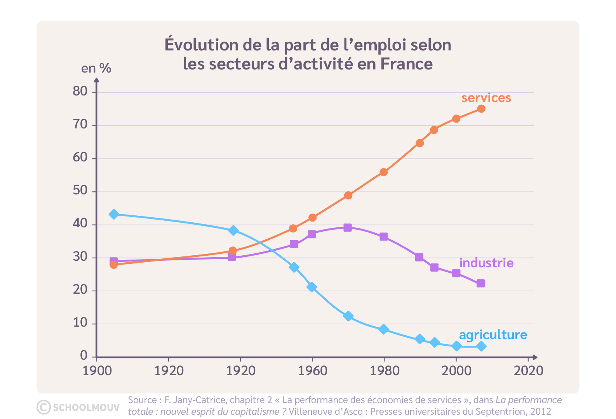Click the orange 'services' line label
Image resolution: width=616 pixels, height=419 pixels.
pos(486,98)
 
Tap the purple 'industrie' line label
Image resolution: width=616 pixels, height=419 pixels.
pos(486,263)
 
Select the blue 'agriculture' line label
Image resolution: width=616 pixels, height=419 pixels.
pos(493,335)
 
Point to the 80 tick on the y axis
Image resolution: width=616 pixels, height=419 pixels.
pos(80,91)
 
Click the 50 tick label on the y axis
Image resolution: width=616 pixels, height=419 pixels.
pos(80,190)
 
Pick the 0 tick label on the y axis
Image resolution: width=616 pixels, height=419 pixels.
pos(84,355)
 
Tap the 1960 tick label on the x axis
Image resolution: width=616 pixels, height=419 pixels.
pos(313,371)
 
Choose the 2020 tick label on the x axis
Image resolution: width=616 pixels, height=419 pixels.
pos(528,371)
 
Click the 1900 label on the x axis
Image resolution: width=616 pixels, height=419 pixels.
pos(97,371)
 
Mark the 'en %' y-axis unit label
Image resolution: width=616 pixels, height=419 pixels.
pos(96,68)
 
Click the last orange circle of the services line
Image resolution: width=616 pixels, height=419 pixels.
pos(481,109)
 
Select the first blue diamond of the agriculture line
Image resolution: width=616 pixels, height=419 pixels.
pos(114,214)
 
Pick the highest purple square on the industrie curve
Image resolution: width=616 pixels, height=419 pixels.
pos(348,228)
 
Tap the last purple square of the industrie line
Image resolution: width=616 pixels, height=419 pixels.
pos(480,284)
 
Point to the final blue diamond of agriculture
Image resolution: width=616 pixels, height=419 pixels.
pos(481,346)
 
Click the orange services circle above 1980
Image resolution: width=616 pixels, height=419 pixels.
pos(384,172)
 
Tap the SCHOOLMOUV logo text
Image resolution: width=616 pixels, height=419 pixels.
pos(86,407)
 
